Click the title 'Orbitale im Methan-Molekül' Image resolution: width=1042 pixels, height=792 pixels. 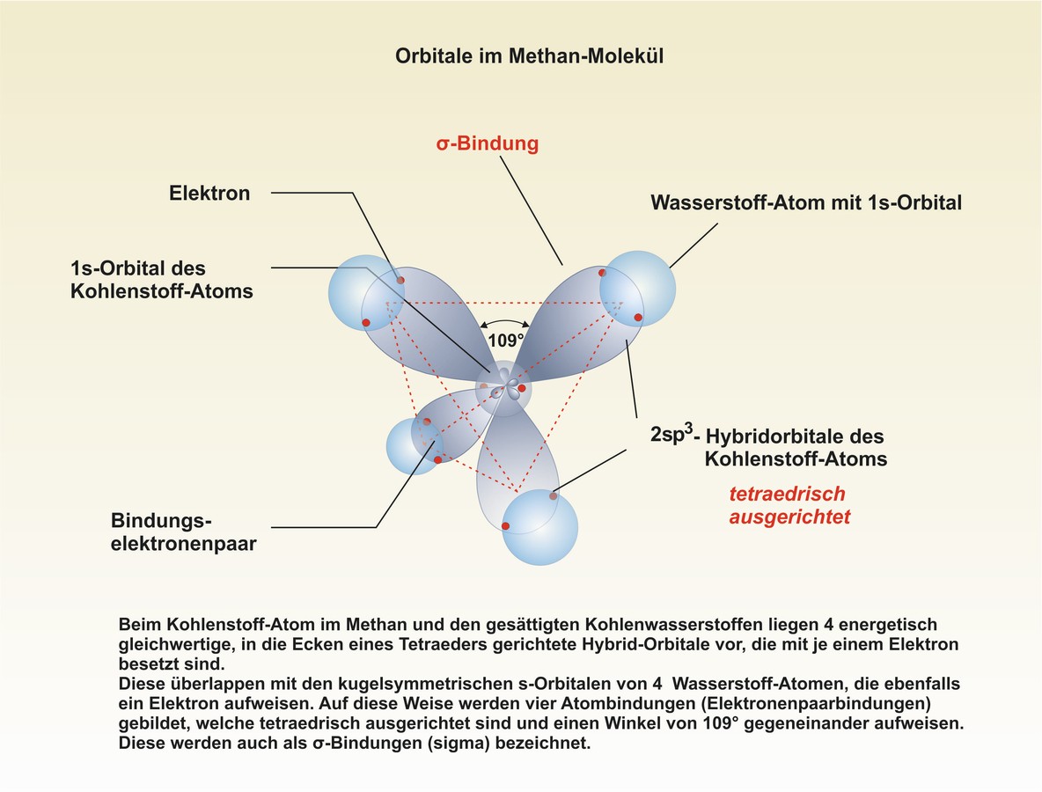click(x=529, y=55)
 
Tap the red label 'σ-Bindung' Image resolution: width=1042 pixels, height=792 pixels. click(x=487, y=143)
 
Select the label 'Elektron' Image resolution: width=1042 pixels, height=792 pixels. click(x=209, y=194)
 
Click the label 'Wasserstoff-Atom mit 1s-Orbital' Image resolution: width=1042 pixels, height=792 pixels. click(x=806, y=202)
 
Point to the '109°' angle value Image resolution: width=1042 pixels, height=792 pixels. click(x=506, y=341)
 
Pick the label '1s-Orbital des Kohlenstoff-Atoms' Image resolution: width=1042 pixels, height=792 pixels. click(x=161, y=280)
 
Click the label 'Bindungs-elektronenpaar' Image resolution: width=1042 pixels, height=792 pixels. click(x=183, y=532)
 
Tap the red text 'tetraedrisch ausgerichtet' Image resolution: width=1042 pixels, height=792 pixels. click(x=789, y=505)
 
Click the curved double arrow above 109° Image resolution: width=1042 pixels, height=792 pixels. click(x=505, y=321)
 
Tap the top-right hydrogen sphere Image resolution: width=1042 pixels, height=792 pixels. click(x=637, y=289)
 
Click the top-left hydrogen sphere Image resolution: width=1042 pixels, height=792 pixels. click(x=366, y=293)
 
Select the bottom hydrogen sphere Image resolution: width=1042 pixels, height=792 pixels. click(x=539, y=527)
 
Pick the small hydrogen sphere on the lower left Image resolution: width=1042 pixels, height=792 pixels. click(x=415, y=446)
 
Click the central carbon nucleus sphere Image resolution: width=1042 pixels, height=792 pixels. click(x=503, y=389)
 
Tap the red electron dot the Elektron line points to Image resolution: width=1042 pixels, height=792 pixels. click(x=400, y=281)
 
